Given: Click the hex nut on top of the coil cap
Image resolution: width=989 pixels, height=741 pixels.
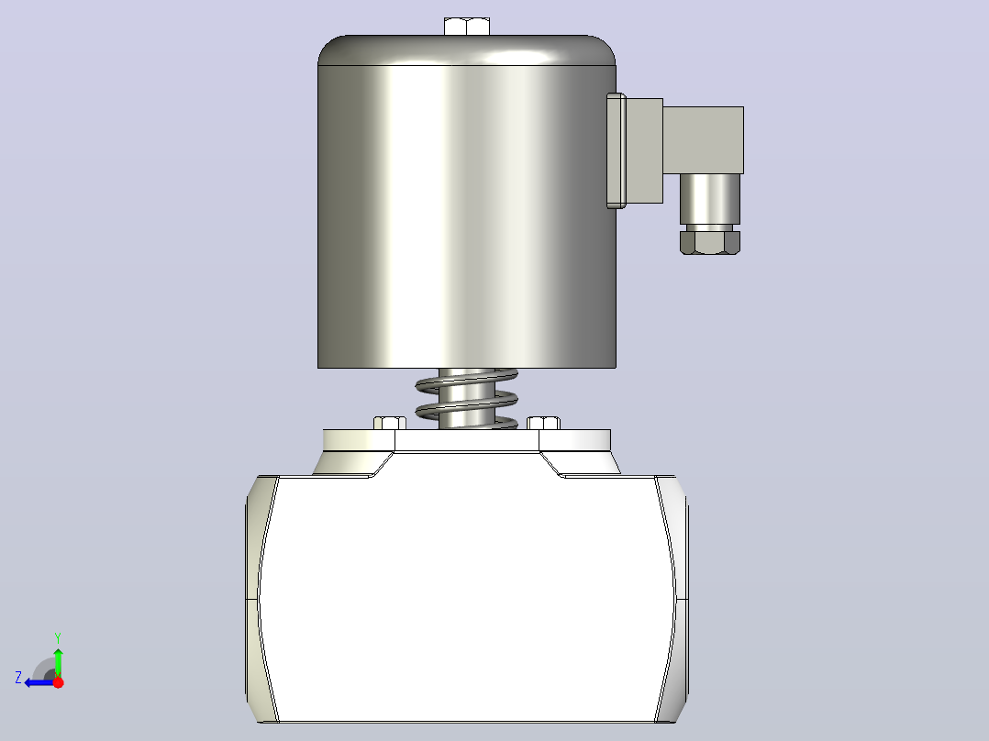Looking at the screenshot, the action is (x=467, y=27).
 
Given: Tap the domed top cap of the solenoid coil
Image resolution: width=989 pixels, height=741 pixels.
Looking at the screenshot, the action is (x=467, y=50).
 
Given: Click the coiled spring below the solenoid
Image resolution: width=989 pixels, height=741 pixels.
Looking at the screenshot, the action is (x=467, y=399).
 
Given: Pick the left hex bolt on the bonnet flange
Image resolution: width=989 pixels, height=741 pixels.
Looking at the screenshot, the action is (x=390, y=423).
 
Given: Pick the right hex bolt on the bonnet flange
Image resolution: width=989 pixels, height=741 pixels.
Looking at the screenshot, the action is (x=543, y=423).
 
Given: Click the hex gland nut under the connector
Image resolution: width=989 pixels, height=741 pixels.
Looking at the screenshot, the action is (x=709, y=243).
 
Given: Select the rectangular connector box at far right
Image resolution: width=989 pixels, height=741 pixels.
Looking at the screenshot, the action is (x=704, y=140).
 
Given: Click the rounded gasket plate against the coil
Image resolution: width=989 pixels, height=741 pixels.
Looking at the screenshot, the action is (x=617, y=150).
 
